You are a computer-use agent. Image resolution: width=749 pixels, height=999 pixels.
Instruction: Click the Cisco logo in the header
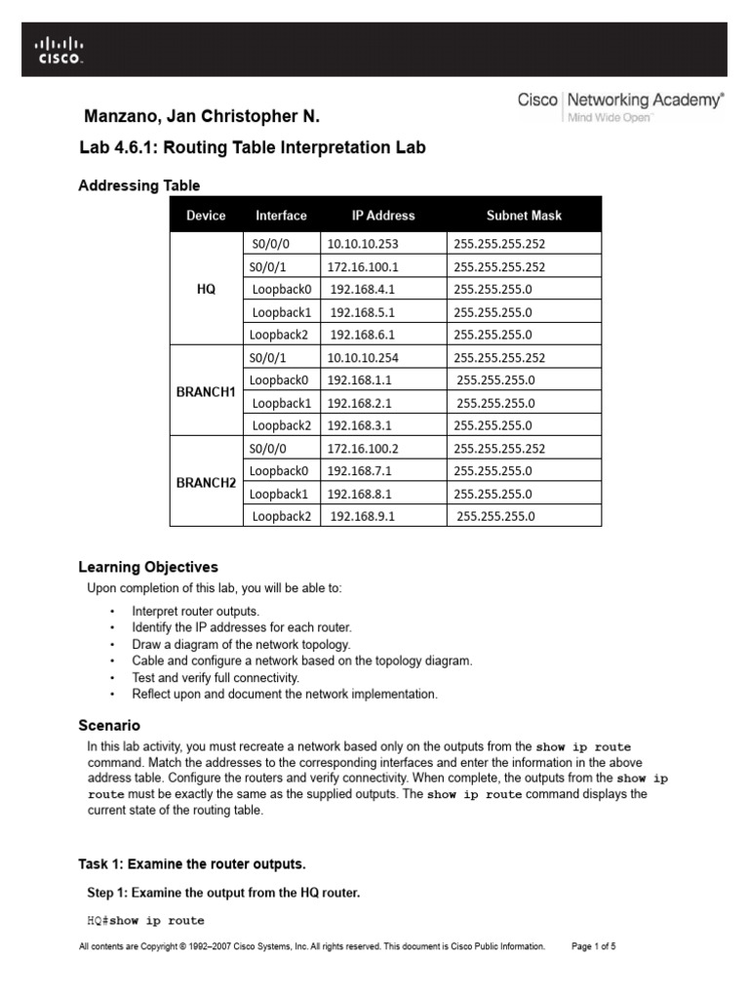[59, 50]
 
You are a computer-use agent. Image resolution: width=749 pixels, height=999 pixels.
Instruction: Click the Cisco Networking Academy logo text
[620, 104]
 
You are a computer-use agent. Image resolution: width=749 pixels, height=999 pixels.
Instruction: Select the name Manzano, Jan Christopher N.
[203, 118]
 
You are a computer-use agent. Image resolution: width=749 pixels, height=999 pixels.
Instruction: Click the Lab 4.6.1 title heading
[252, 148]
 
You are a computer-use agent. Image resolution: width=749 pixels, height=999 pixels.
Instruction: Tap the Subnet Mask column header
[524, 216]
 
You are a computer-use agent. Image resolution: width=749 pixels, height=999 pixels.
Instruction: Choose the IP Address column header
[383, 216]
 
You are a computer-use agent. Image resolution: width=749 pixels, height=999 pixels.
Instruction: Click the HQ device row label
[206, 290]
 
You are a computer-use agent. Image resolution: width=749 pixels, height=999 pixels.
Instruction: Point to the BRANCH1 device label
[206, 391]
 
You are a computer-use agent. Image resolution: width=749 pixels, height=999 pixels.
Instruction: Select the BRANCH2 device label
[206, 483]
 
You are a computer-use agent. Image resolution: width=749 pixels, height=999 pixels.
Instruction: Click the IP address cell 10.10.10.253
[364, 244]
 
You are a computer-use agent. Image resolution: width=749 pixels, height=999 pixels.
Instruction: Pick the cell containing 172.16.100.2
[363, 449]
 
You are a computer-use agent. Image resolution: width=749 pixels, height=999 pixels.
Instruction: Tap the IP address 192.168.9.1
[363, 517]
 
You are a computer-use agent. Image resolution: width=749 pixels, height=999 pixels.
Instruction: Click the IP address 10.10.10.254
[363, 358]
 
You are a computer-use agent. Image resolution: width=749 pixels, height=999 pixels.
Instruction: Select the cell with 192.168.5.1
[363, 313]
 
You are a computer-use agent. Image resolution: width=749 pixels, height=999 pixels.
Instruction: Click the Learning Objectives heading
[148, 567]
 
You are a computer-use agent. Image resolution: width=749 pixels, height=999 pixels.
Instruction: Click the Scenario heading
[109, 726]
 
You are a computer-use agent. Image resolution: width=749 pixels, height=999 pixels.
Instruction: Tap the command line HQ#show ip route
[145, 920]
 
